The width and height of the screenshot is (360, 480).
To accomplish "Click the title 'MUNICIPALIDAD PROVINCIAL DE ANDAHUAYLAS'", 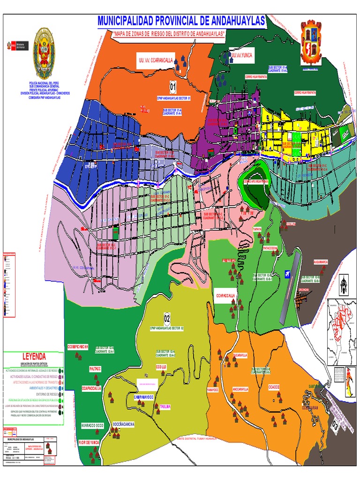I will (x=181, y=21).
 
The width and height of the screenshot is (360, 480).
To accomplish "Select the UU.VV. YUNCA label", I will (x=242, y=55).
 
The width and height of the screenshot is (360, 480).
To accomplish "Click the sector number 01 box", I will (x=173, y=87).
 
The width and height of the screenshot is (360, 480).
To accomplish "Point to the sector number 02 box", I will (x=167, y=319).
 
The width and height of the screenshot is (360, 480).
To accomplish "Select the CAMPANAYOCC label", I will (x=144, y=397).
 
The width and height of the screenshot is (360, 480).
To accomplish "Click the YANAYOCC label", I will (x=213, y=390).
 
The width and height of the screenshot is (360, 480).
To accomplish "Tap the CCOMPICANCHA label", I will (x=78, y=347).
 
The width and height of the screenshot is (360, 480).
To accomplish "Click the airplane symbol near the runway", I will (x=287, y=273).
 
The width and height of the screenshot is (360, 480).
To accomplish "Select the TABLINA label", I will (x=165, y=406).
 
